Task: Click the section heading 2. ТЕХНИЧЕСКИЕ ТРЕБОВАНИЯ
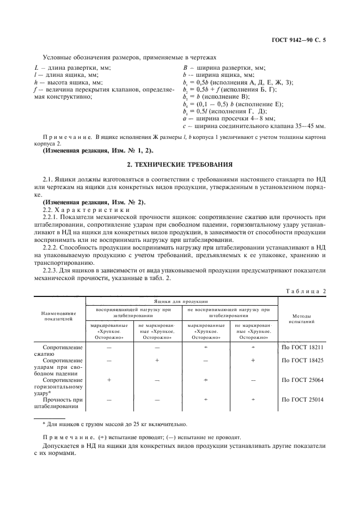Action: click(x=180, y=163)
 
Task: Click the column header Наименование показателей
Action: click(x=60, y=316)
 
